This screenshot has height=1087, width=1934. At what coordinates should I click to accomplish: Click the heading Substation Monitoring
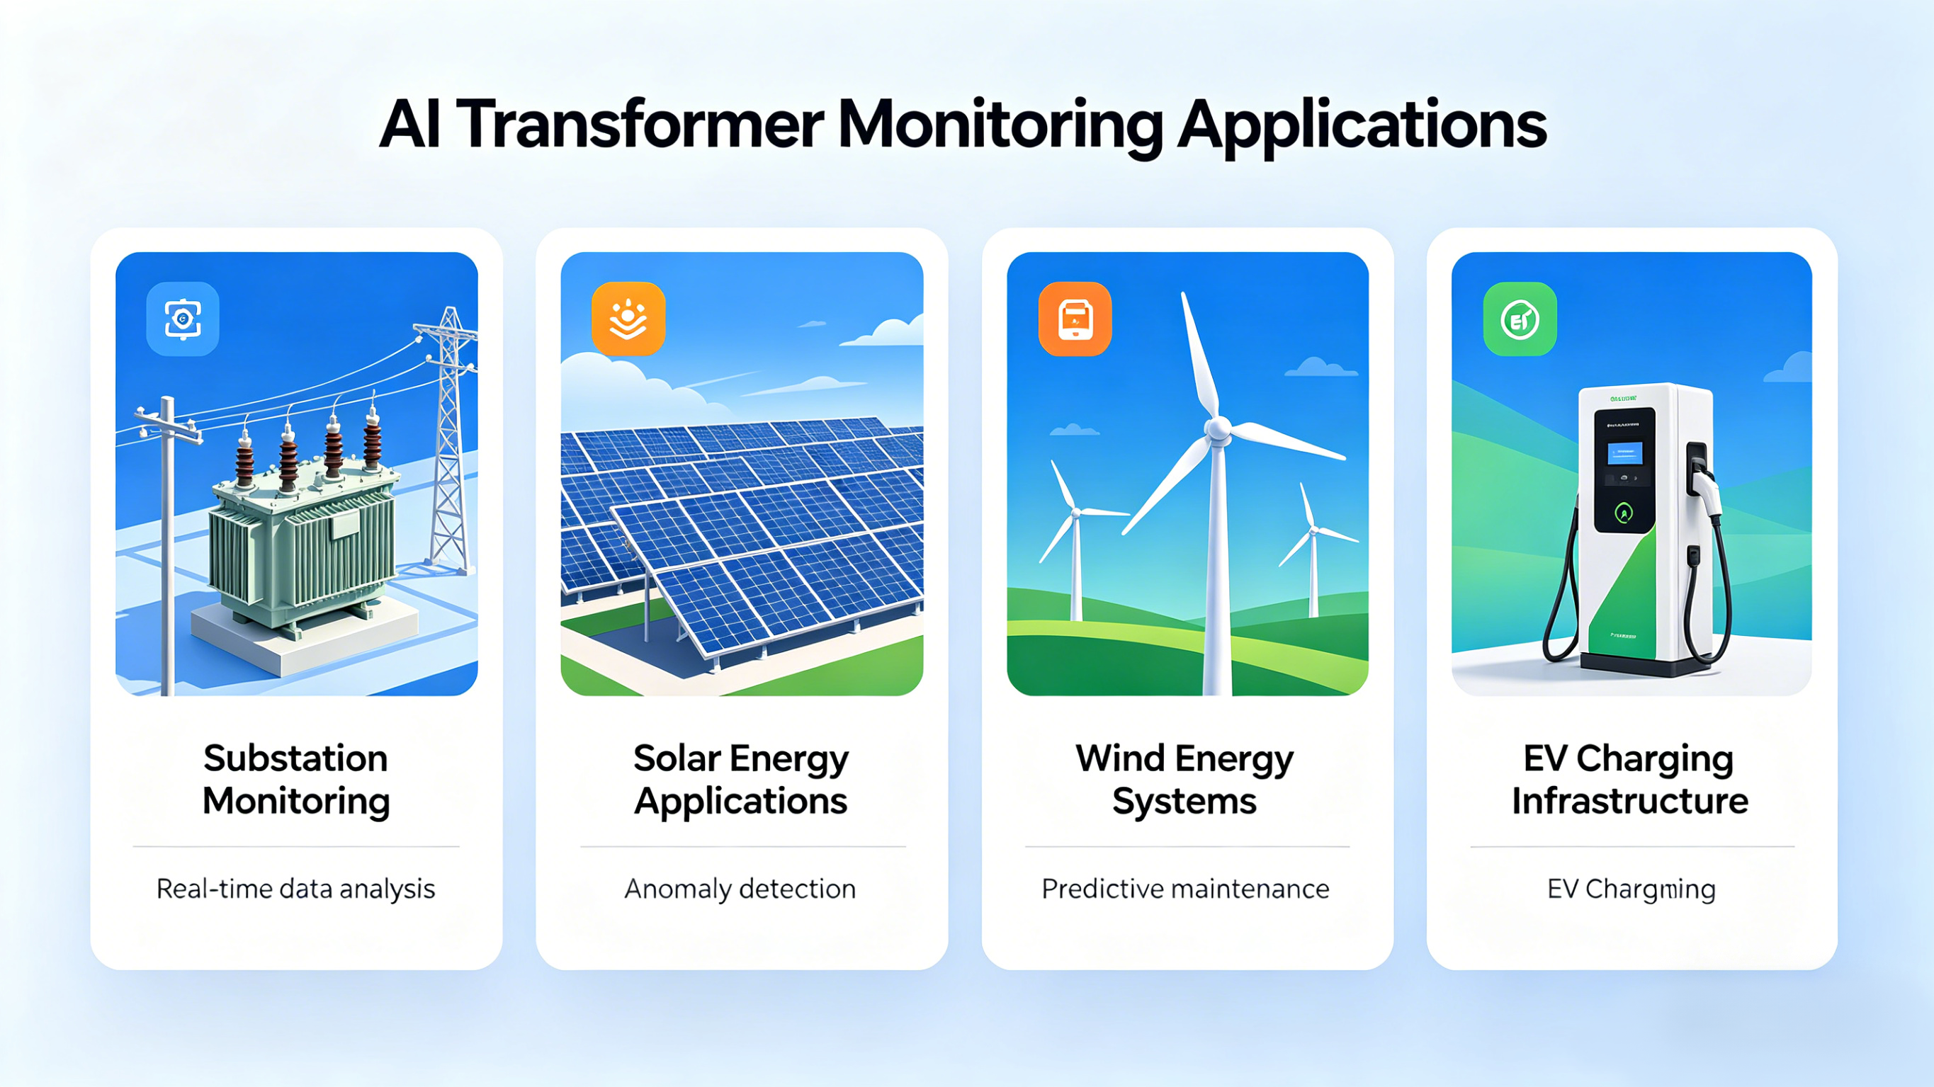pos(296,779)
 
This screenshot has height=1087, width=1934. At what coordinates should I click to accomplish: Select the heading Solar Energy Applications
pos(741,779)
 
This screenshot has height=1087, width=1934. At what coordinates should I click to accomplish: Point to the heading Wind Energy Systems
pos(1184,779)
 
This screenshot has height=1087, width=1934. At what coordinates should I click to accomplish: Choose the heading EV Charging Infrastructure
pos(1630,779)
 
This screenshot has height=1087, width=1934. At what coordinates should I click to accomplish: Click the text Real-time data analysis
pos(296,889)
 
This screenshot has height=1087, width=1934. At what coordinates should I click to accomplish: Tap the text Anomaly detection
pos(740,889)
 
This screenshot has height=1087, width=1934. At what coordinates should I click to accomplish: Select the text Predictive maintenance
pos(1185,889)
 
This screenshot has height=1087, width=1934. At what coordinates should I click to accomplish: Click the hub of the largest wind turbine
pos(1217,428)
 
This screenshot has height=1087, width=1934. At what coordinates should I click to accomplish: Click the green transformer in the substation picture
pos(300,548)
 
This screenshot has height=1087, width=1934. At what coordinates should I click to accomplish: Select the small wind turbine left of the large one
pos(1075,540)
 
